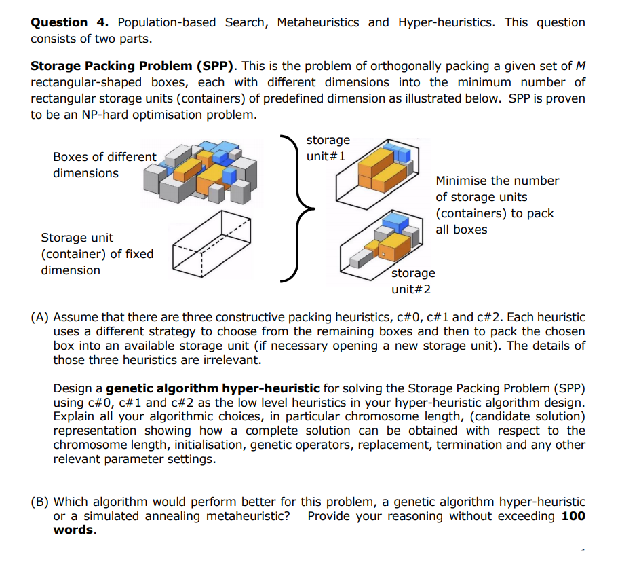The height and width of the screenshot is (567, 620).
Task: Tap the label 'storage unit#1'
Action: pos(328,147)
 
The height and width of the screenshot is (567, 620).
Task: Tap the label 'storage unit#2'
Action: pos(413,280)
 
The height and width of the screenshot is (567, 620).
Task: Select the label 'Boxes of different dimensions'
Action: pos(104,165)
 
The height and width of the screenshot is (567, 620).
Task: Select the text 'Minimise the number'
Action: pos(497,181)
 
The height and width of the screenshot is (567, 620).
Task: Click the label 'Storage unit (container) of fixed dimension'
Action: pos(97,254)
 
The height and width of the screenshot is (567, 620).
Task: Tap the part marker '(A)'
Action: pos(40,317)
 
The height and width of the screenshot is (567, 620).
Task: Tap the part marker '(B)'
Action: pos(40,502)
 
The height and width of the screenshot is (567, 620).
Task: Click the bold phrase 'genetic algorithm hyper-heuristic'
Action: pos(213,388)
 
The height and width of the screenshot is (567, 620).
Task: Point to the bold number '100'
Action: pos(573,516)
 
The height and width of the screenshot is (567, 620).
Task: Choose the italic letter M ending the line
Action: pos(580,66)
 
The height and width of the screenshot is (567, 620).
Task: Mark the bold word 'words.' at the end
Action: pos(74,530)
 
